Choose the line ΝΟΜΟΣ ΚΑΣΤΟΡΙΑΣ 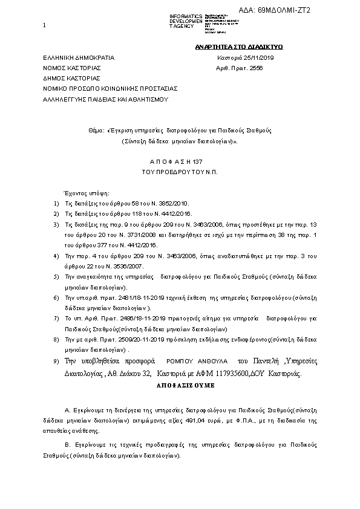point(71,69)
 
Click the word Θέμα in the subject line point(97,130)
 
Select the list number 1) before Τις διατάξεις point(56,204)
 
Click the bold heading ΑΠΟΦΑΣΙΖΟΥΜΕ point(179,384)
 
